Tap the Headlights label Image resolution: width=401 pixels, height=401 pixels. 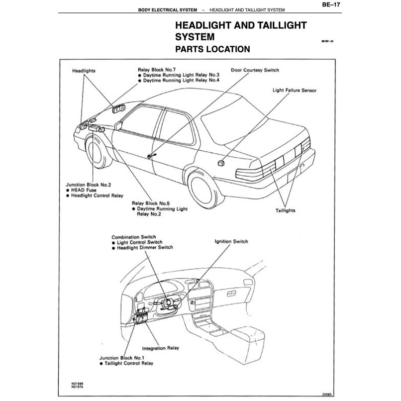pyautogui.click(x=84, y=71)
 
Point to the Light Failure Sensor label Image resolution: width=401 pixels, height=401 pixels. pyautogui.click(x=295, y=91)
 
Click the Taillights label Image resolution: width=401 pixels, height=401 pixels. pyautogui.click(x=285, y=211)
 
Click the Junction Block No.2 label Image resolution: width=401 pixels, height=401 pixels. pyautogui.click(x=89, y=185)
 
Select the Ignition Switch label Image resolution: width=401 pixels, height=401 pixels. pyautogui.click(x=231, y=241)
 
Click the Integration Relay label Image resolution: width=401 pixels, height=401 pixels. pyautogui.click(x=161, y=348)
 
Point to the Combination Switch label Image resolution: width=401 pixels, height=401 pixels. pyautogui.click(x=134, y=237)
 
